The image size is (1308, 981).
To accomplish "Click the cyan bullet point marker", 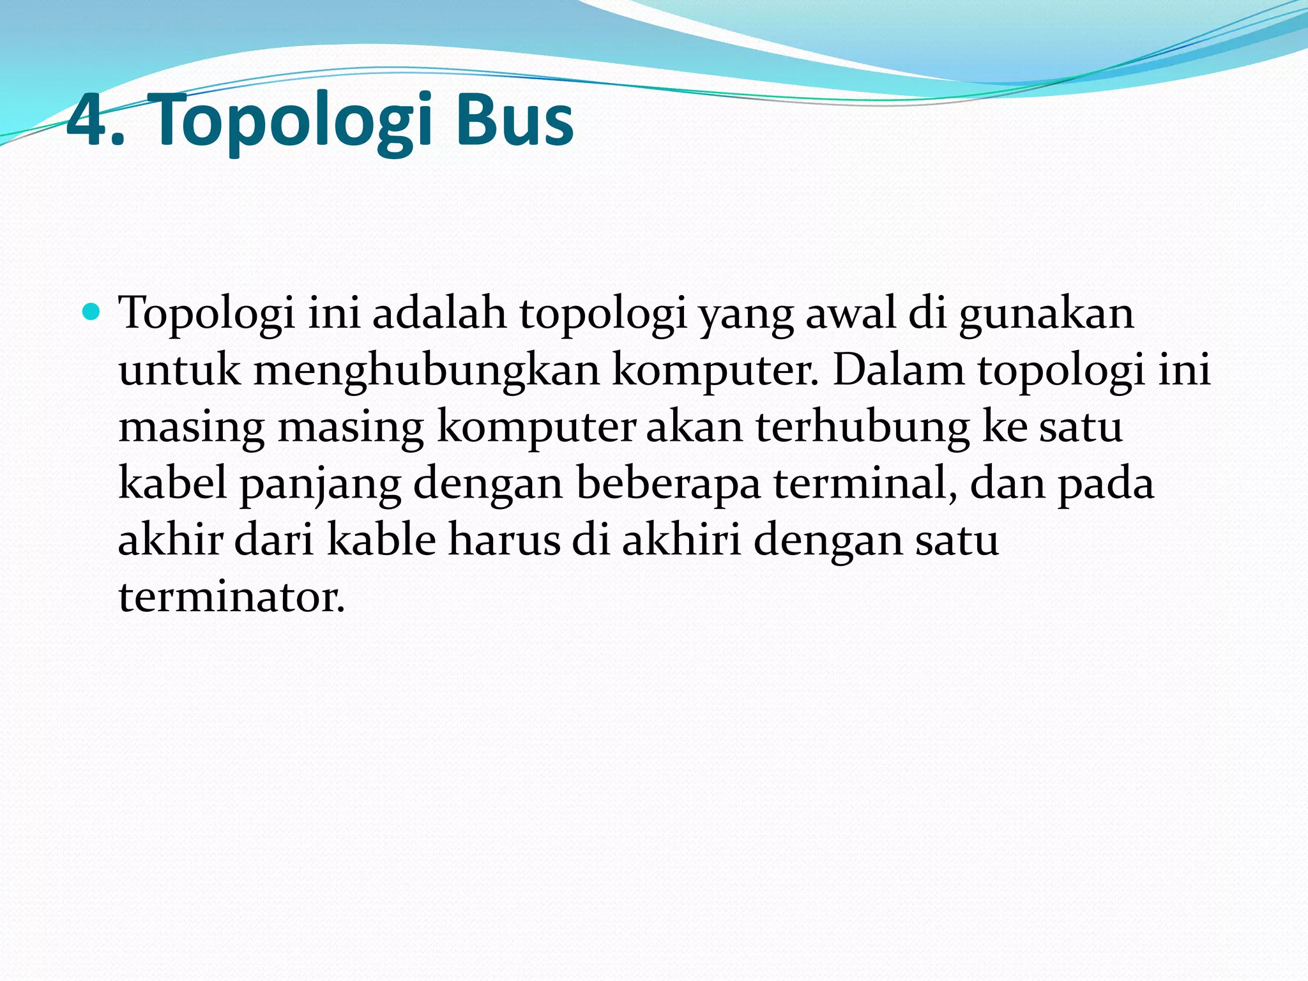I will pyautogui.click(x=92, y=312).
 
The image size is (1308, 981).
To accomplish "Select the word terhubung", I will pyautogui.click(x=863, y=427).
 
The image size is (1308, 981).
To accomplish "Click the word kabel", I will pyautogui.click(x=173, y=483).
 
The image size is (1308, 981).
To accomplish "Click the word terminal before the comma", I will pyautogui.click(x=862, y=483).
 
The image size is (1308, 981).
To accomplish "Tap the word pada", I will pyautogui.click(x=1106, y=484).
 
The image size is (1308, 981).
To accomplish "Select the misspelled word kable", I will pyautogui.click(x=381, y=540).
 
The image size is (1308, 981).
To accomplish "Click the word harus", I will pyautogui.click(x=504, y=540).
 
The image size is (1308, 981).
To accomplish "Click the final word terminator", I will pyautogui.click(x=231, y=597).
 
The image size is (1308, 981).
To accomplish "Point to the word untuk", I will pyautogui.click(x=179, y=371).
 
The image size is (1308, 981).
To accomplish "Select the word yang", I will pyautogui.click(x=746, y=316).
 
